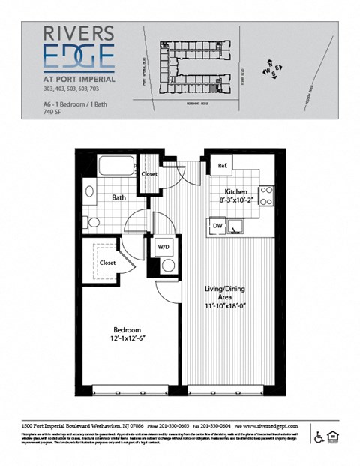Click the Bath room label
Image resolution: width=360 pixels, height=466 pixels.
[x=118, y=198]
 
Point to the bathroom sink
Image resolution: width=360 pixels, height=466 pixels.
[x=90, y=191]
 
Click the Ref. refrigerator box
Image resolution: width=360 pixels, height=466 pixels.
[x=223, y=166]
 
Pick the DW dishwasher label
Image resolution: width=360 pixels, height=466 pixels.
[x=217, y=224]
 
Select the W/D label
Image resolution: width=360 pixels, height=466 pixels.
[x=163, y=246]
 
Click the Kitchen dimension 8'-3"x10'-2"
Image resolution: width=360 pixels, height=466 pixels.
[x=235, y=200]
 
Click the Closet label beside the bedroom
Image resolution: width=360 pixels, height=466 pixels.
[x=106, y=263]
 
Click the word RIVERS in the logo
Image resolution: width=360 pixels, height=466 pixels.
[x=79, y=34]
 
